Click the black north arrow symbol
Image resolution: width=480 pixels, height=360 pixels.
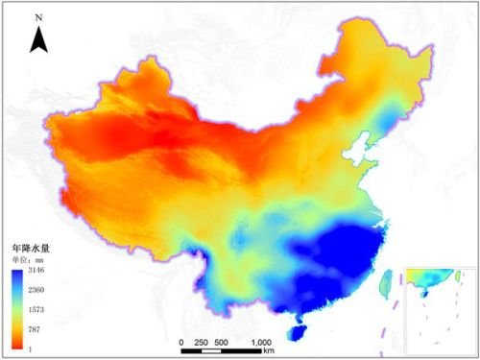38,39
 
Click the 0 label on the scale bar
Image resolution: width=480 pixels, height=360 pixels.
181,343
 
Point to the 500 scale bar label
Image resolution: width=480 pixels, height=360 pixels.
222,343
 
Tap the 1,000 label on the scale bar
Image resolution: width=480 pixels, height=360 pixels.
261,343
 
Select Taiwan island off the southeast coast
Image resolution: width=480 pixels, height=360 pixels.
388,281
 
